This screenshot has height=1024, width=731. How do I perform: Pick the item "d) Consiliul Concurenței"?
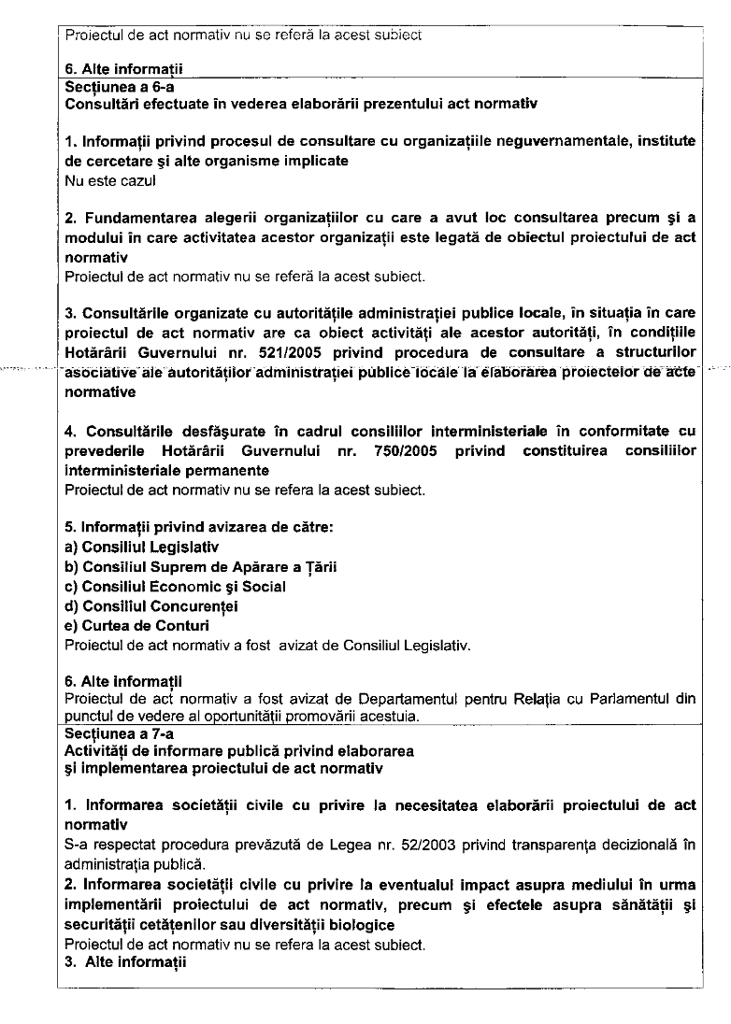click(x=151, y=606)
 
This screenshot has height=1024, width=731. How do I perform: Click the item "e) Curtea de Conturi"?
click(x=136, y=625)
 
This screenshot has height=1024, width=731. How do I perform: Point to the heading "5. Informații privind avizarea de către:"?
click(x=198, y=527)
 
